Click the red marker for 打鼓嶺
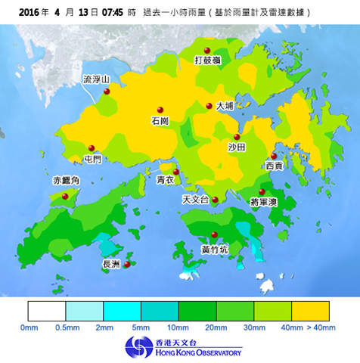[206, 50]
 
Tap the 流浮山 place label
[96, 79]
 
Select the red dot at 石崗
[160, 109]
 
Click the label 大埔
[225, 107]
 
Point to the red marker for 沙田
[237, 137]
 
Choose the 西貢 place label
[275, 166]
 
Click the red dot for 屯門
[92, 148]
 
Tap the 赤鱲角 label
[65, 181]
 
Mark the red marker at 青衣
[176, 172]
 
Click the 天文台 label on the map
[195, 200]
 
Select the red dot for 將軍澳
[262, 192]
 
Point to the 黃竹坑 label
[214, 249]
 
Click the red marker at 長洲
[127, 264]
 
